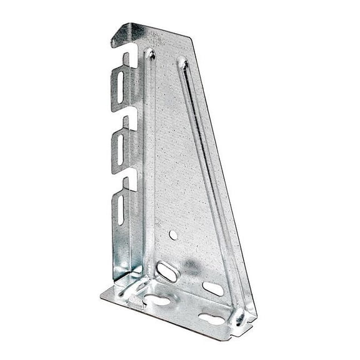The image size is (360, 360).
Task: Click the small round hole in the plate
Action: click(172, 235)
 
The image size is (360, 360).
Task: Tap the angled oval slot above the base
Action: click(167, 272)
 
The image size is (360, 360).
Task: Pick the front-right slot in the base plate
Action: click(211, 319)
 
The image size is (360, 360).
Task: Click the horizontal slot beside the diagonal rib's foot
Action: click(213, 289)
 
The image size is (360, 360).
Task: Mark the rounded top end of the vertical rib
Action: click(151, 54)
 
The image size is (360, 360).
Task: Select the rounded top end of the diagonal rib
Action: click(182, 62)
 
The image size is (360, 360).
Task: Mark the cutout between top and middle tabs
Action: click(131, 121)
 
